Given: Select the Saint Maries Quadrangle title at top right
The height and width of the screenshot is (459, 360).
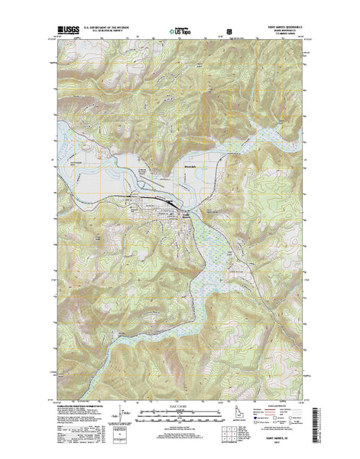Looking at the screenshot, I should (283, 28).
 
